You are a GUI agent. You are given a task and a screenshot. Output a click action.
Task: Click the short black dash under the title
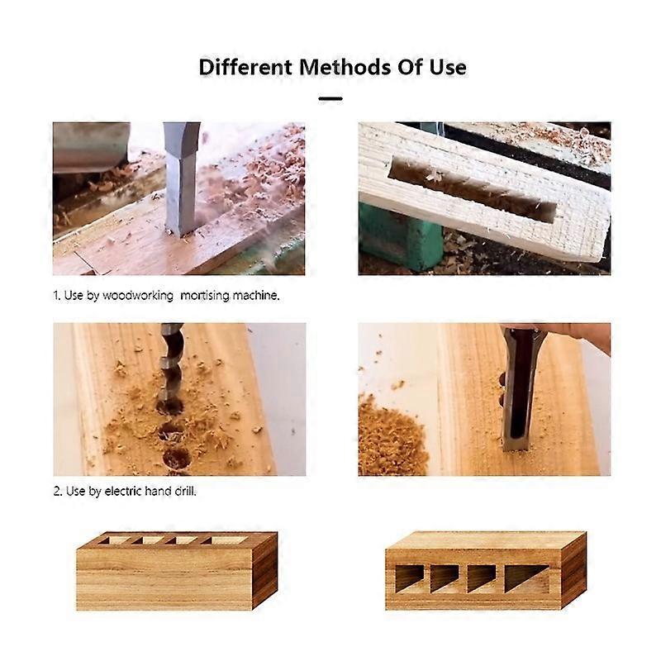click(x=330, y=98)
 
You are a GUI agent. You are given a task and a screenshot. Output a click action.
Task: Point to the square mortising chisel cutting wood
click(x=181, y=178)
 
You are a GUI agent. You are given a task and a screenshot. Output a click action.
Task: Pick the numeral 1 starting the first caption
click(x=57, y=295)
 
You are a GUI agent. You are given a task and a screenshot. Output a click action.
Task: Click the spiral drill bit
click(x=171, y=364)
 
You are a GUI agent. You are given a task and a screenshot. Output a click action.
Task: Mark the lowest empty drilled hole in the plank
click(x=176, y=458)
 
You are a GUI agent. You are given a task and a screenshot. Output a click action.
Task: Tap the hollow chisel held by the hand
click(x=519, y=388)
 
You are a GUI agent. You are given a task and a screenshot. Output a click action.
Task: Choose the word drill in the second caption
click(x=183, y=491)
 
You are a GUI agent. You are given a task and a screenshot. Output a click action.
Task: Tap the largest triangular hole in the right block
click(x=525, y=578)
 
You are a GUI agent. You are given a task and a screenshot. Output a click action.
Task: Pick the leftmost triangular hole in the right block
click(x=408, y=578)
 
